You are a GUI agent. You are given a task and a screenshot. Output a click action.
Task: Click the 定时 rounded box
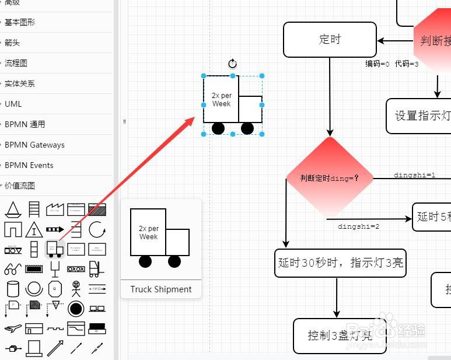point(330,40)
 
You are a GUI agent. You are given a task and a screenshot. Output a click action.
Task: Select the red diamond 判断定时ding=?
point(330,178)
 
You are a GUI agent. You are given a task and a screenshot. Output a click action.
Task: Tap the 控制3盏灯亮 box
point(340,335)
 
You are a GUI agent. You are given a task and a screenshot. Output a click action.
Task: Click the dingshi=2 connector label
point(359,226)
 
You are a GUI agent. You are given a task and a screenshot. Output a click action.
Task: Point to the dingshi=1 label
point(414,175)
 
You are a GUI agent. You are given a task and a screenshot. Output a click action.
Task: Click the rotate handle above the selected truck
point(232,64)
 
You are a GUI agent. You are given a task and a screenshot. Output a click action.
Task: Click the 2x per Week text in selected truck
point(221,100)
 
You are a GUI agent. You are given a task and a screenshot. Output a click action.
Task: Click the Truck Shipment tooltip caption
point(161,289)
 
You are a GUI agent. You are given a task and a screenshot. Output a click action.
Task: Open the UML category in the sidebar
point(13,104)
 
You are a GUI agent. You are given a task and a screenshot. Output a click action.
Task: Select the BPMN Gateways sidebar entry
point(34,145)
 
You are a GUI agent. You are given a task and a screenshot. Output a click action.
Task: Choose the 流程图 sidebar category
point(16,63)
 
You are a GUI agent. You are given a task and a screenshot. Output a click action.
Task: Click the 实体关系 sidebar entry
point(20,83)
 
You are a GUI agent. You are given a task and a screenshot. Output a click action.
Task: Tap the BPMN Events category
point(29,165)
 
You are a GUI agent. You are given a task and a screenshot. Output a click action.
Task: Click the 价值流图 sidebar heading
point(20,186)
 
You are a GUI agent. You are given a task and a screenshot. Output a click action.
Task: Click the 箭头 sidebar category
point(12,43)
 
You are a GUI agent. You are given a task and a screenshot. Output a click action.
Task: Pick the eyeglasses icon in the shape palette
point(12,270)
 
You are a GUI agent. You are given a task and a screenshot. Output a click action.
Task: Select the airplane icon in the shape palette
point(12,328)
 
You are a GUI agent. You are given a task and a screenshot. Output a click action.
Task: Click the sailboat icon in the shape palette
point(12,209)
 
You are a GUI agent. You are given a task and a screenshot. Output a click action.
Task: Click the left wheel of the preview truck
point(145,261)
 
